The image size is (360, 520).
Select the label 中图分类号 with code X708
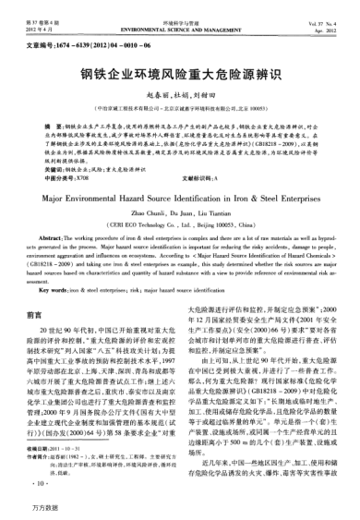point(52,151)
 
